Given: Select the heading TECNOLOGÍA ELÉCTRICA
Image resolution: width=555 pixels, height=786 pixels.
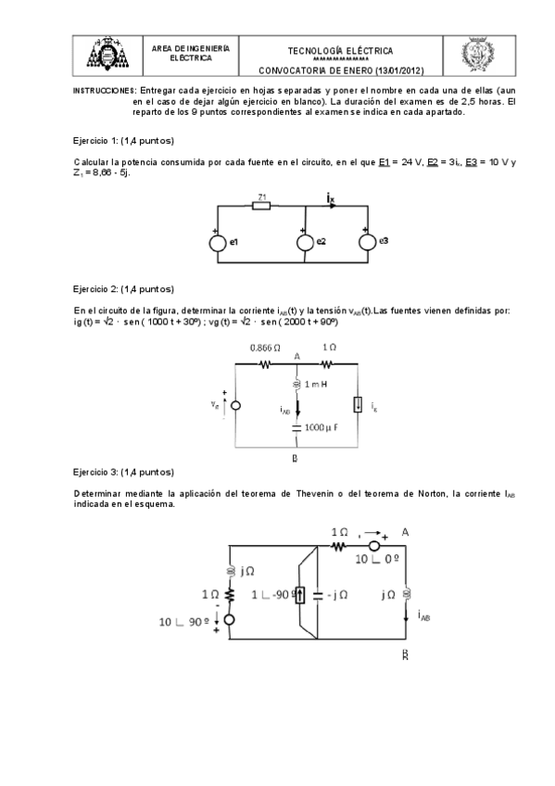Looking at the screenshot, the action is point(340,51).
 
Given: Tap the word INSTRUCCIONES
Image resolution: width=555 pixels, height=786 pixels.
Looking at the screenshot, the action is point(105,91).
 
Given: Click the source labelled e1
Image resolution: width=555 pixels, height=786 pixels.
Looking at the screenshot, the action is point(219,244).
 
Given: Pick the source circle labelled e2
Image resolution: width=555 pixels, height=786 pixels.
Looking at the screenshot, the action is point(304,243).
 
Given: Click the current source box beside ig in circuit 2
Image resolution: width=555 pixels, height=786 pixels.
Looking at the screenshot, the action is point(357,405).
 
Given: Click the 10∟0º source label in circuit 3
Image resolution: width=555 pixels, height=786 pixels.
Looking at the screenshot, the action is point(377,561).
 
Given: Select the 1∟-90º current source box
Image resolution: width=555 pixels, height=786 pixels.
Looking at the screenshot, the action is point(299,593).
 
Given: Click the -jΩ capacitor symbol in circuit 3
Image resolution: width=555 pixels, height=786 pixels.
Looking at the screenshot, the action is point(317,593).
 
